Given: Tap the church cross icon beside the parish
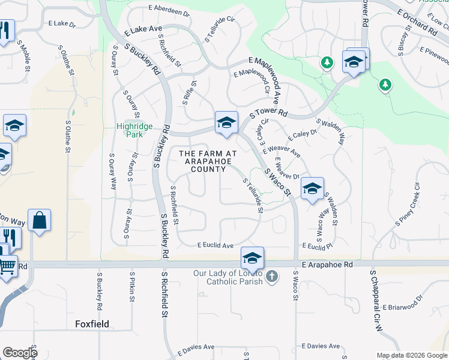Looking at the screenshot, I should tap(272, 277).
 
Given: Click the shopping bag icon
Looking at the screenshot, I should tap(39, 220).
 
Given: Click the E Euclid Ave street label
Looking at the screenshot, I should tap(215, 245).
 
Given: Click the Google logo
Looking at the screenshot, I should tap(20, 353).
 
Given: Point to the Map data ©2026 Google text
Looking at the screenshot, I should tap(411, 355).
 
